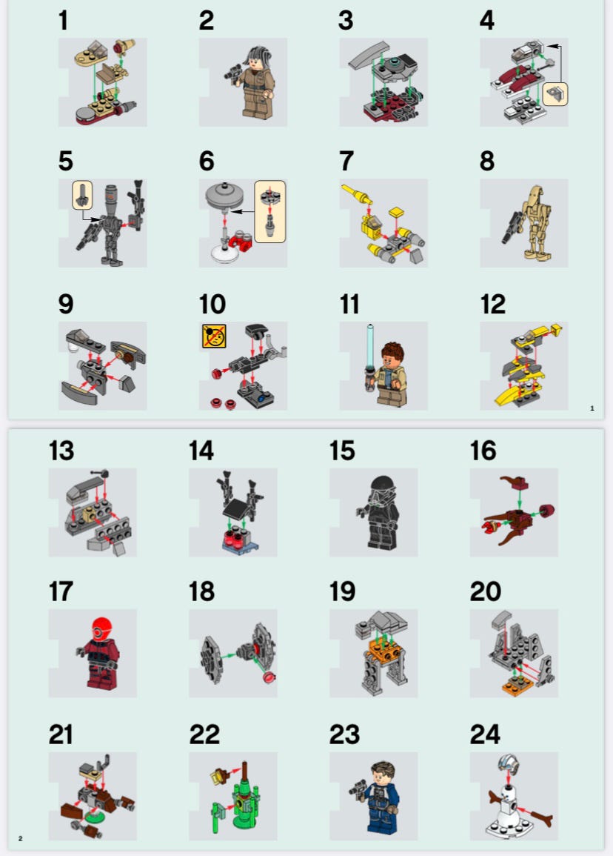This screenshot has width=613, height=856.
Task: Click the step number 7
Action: (346, 161)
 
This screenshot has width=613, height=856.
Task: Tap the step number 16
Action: (483, 451)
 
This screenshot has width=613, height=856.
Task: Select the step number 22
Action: (204, 734)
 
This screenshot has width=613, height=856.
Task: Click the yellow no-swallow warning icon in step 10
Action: (214, 336)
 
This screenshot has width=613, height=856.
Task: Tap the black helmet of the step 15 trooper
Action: (381, 487)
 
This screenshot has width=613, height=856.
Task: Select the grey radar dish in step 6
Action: (225, 195)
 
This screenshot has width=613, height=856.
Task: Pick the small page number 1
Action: (592, 408)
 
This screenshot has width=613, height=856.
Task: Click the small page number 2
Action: (20, 838)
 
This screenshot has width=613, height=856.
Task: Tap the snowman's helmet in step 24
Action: (508, 764)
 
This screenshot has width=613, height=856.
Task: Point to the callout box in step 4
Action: (555, 94)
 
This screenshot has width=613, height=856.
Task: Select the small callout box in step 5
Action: (82, 195)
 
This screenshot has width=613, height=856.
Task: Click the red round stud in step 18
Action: (268, 677)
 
